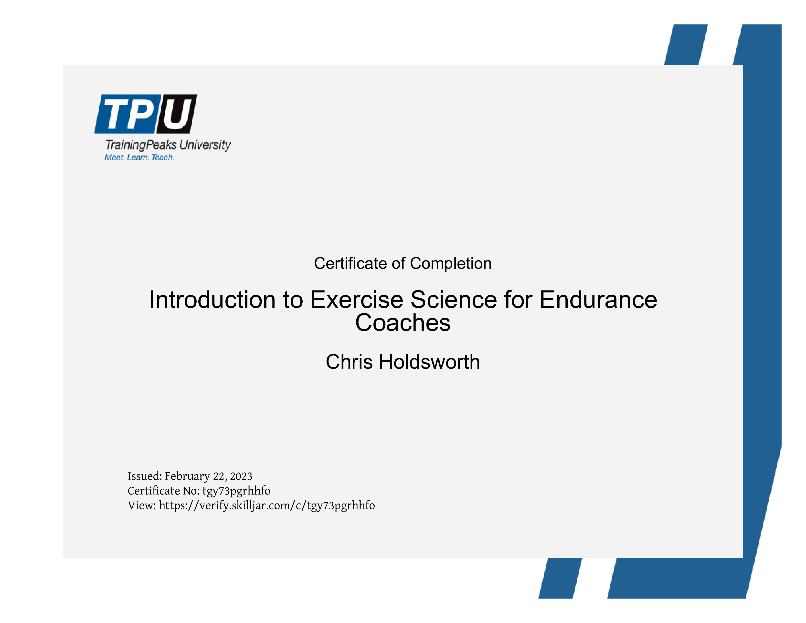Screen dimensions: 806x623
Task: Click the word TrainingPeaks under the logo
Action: click(x=141, y=145)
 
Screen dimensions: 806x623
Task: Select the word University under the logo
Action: click(x=205, y=145)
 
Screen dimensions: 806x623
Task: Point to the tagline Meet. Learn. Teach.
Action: click(x=139, y=157)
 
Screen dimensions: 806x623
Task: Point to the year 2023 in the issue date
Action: click(x=241, y=476)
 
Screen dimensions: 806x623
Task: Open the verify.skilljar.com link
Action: click(x=267, y=506)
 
